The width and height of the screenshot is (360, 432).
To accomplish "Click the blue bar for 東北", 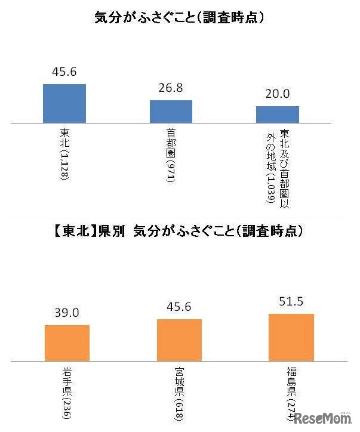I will (x=64, y=103).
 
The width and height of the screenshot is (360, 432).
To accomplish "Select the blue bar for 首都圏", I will (x=171, y=112).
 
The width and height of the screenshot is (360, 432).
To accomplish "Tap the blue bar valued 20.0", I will (x=278, y=115).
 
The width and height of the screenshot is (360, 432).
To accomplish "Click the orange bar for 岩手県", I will (x=67, y=342).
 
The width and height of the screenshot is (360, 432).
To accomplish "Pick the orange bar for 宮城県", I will (x=179, y=340).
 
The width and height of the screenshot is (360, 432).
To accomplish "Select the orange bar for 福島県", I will (x=291, y=337).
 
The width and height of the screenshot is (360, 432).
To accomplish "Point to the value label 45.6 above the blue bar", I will (x=64, y=72).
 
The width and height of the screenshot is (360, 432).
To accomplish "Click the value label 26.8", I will (x=170, y=88).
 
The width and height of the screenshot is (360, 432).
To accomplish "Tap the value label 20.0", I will (x=278, y=94).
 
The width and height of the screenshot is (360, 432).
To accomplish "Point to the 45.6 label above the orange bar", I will (x=179, y=307).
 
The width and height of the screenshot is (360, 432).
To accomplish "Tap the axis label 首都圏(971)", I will (x=171, y=156).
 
